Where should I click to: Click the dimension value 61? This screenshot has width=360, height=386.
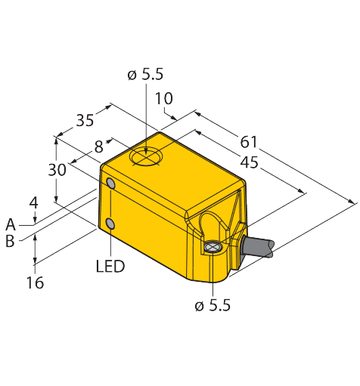coord(248,142)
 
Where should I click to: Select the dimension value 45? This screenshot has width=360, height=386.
coord(249,162)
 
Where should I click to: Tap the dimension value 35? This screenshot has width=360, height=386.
coord(85,120)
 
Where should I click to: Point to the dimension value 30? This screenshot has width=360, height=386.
coord(57,170)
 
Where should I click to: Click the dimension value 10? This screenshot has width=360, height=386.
coord(164,98)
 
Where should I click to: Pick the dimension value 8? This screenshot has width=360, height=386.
coord(99,147)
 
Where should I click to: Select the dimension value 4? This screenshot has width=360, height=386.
coord(33,203)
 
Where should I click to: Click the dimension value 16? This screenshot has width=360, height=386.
coord(35,283)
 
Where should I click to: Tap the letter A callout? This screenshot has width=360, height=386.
coord(11,224)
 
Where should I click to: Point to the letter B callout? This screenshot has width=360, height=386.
coord(10,241)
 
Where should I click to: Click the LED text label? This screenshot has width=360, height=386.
coord(110,266)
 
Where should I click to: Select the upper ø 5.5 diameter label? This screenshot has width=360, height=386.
coord(145,75)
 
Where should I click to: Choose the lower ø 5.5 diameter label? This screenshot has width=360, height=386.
coord(213,306)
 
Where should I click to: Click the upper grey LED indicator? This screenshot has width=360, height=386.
coord(111,184)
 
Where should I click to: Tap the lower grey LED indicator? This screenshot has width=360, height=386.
coord(110,224)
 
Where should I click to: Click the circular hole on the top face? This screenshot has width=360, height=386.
coord(146,156)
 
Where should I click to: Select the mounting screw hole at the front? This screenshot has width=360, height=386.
coord(213,247)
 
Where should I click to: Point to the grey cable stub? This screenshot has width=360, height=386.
coord(258,247)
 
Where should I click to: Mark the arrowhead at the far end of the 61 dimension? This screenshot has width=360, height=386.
coord(351,201)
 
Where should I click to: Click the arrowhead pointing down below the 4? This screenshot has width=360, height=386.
coord(35,220)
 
